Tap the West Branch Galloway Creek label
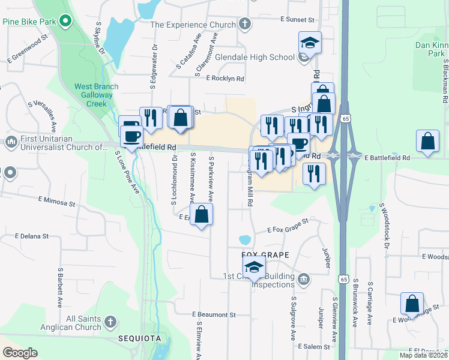pos(96,95)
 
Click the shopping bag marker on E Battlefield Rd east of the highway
pos(427,143)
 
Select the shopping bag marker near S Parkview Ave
pos(202,215)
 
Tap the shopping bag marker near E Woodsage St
pos(412,304)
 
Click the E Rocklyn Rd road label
pos(225,79)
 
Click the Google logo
pos(20,353)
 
